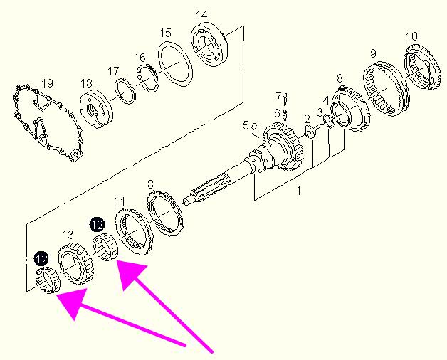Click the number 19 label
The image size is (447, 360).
pos(47,83)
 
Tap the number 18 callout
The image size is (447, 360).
pos(86,83)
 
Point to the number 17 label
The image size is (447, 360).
pos(113,71)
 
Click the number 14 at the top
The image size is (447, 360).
pos(202,15)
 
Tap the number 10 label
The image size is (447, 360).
pos(411,36)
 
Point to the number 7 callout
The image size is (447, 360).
pos(278,97)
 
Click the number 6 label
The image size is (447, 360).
pos(277,113)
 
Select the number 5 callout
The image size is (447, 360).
pos(246,125)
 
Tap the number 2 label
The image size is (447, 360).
pos(307,119)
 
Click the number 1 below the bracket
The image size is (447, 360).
pos(298,191)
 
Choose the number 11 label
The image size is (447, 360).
pos(120,201)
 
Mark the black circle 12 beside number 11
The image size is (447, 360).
pos(97,225)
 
